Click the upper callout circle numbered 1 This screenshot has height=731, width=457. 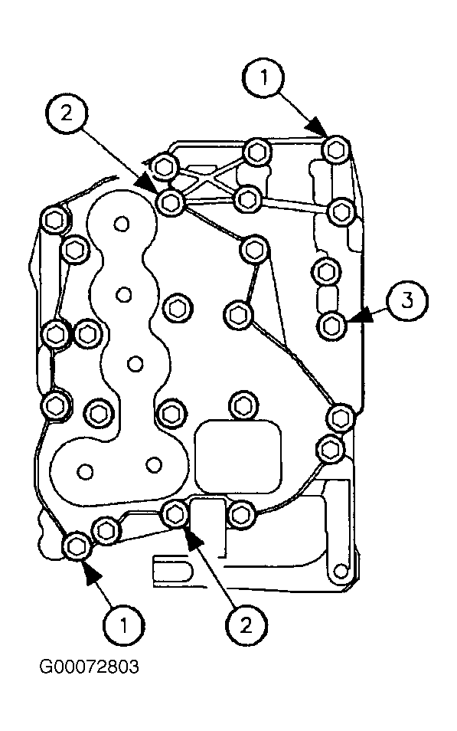tap(264, 77)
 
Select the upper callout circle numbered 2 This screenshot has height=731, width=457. tap(67, 113)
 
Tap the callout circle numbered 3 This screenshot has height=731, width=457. tap(407, 301)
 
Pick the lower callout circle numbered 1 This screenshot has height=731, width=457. tap(124, 625)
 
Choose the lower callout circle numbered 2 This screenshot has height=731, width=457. tap(246, 625)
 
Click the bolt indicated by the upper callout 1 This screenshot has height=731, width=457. tap(336, 150)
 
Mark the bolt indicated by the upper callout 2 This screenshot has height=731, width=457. tap(171, 202)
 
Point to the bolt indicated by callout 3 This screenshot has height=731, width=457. tap(331, 325)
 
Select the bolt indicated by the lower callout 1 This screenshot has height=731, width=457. tap(77, 545)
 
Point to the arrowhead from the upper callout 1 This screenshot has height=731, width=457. tap(317, 126)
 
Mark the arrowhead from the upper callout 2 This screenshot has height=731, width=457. tap(149, 182)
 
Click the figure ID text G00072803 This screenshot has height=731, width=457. tap(89, 667)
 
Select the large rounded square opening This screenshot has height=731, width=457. tap(238, 456)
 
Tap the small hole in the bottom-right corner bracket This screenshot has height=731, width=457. tap(341, 570)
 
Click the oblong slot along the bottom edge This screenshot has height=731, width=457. tap(172, 570)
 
